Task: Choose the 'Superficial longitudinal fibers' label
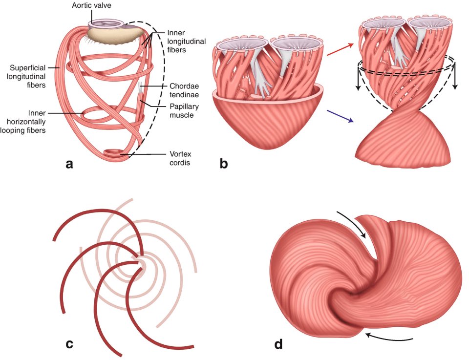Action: coord(29,76)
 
